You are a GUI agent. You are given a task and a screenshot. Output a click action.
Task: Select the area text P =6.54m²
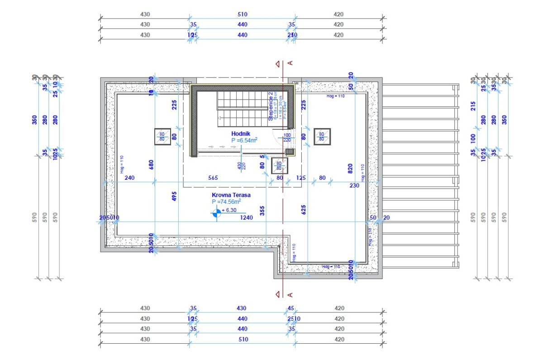pyautogui.click(x=244, y=140)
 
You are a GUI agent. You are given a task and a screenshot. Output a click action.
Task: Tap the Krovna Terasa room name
pyautogui.click(x=231, y=195)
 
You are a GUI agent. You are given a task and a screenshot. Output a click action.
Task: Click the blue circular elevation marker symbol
pyautogui.click(x=218, y=213)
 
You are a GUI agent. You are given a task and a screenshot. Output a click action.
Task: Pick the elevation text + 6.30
pyautogui.click(x=229, y=211)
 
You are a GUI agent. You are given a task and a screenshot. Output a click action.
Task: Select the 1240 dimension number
pyautogui.click(x=246, y=218)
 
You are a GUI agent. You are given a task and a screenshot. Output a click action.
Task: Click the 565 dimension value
pyautogui.click(x=213, y=178)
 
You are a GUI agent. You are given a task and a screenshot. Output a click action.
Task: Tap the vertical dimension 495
pyautogui.click(x=175, y=196)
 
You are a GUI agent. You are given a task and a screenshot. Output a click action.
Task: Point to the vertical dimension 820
pyautogui.click(x=350, y=168)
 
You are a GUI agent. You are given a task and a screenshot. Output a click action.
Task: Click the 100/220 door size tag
pyautogui.click(x=287, y=138)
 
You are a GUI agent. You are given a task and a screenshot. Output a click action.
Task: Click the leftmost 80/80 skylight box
pyautogui.click(x=162, y=136)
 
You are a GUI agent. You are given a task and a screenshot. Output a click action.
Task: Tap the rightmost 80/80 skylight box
pyautogui.click(x=322, y=136)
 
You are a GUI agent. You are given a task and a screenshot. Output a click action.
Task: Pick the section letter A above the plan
pyautogui.click(x=291, y=63)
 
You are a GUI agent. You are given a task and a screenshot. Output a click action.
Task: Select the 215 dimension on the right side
pyautogui.click(x=473, y=106)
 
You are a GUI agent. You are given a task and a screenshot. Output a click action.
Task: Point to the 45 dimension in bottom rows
pyautogui.click(x=291, y=308)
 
